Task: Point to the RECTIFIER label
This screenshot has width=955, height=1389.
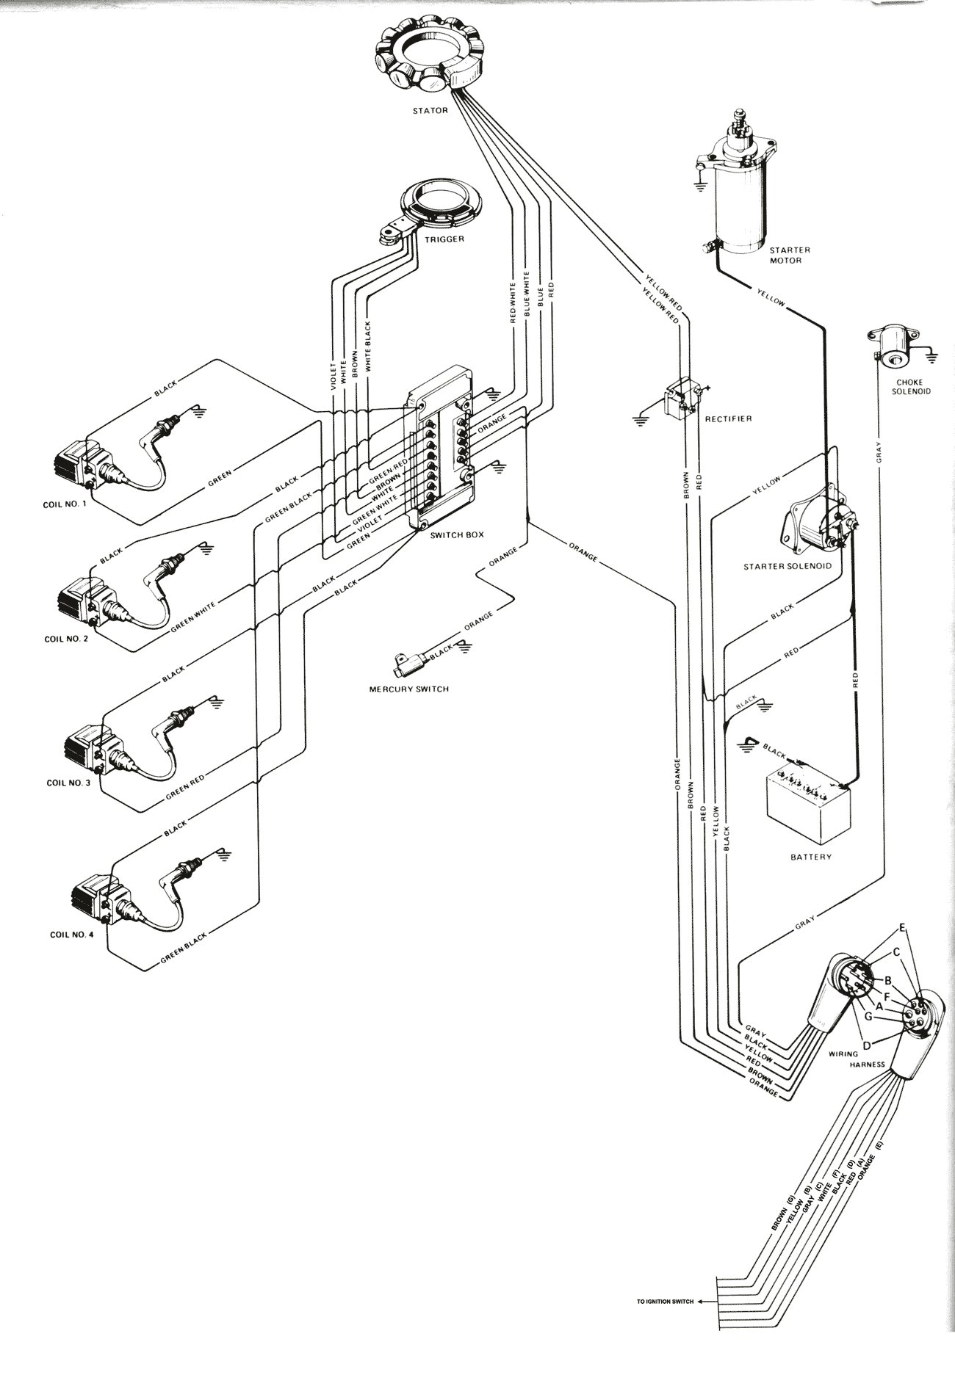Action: tap(728, 419)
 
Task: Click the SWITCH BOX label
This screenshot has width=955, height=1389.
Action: tap(457, 535)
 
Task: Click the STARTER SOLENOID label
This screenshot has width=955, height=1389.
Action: tap(788, 566)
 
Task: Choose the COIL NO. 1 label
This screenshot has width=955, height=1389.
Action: tap(64, 504)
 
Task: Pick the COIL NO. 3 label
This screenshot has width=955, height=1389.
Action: tap(68, 783)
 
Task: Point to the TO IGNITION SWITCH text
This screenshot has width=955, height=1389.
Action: tap(665, 1302)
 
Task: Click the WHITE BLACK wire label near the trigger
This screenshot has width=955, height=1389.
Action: tap(369, 345)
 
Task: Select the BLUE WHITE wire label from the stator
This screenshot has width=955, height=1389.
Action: tap(526, 296)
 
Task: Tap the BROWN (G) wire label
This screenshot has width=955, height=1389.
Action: tap(780, 1214)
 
